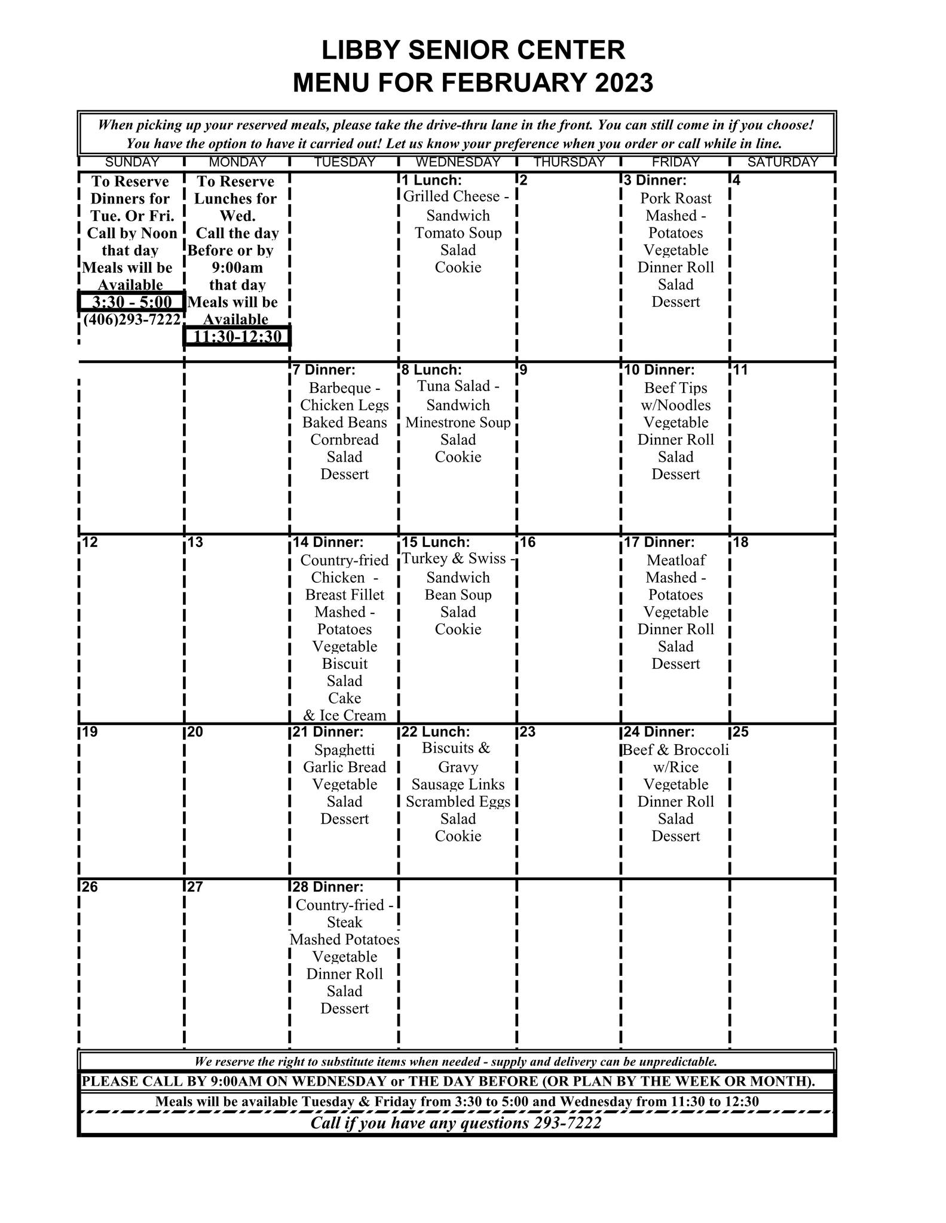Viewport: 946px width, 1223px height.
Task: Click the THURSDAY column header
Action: pyautogui.click(x=569, y=162)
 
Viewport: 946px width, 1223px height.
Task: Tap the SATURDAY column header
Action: pyautogui.click(x=782, y=162)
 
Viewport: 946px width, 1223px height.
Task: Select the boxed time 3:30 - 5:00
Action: pyautogui.click(x=131, y=302)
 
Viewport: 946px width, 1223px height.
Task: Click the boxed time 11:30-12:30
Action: pyautogui.click(x=237, y=336)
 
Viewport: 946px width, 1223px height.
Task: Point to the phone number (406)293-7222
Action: pyautogui.click(x=131, y=319)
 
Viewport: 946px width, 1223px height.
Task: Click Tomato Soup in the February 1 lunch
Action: pyautogui.click(x=458, y=233)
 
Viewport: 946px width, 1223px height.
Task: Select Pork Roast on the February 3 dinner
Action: pyautogui.click(x=676, y=198)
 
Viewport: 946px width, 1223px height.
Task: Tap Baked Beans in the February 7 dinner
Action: pyautogui.click(x=345, y=423)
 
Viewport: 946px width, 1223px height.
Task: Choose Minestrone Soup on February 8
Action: pyautogui.click(x=458, y=423)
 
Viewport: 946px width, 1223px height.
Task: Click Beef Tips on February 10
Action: pyautogui.click(x=676, y=388)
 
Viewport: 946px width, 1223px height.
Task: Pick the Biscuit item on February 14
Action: pyautogui.click(x=345, y=664)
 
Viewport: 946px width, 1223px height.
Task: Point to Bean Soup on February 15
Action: pyautogui.click(x=458, y=595)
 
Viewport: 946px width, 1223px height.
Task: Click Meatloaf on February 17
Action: pyautogui.click(x=676, y=560)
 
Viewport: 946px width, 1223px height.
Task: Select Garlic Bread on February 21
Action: pyautogui.click(x=345, y=767)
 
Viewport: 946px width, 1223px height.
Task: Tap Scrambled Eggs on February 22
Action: pyautogui.click(x=458, y=802)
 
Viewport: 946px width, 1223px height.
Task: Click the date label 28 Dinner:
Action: pyautogui.click(x=328, y=887)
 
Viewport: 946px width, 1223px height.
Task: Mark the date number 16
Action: pyautogui.click(x=528, y=542)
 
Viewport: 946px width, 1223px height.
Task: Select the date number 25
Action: pyautogui.click(x=740, y=732)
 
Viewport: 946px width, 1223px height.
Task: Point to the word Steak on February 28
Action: pyautogui.click(x=345, y=922)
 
